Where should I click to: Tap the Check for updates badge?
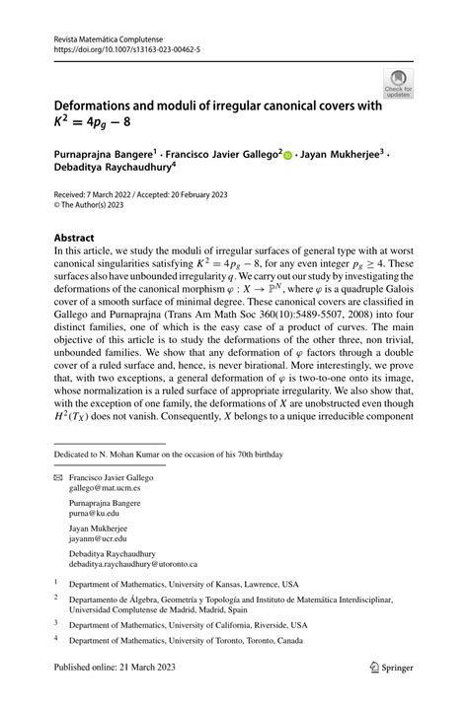(399, 84)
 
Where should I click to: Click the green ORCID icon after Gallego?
(289, 154)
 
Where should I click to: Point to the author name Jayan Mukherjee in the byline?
(341, 154)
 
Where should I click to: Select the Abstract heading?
(74, 239)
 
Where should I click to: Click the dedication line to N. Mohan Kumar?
(169, 455)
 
